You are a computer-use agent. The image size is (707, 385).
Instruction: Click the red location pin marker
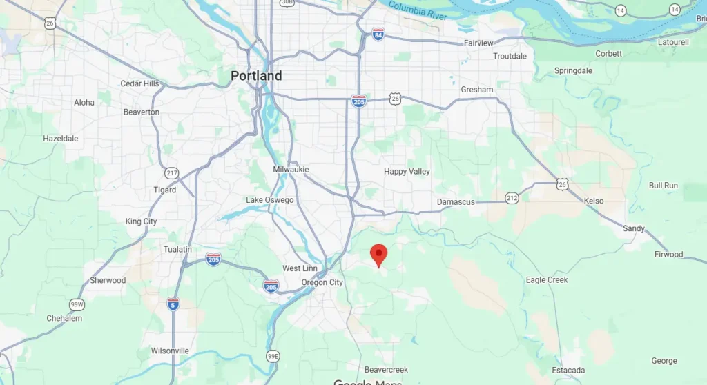point(378,254)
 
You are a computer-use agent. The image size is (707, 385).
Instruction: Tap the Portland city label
point(256,75)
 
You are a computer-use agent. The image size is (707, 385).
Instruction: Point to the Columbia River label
point(417,10)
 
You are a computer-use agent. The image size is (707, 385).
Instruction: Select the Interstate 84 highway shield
point(378,33)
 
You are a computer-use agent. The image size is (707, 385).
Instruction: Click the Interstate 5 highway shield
point(173,304)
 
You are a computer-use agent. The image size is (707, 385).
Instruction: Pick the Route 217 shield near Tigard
point(172,172)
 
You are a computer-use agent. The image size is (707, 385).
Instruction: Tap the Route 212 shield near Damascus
point(512,199)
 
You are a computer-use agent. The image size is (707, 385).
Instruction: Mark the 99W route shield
point(76,304)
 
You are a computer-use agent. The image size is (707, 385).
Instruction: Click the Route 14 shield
point(620,10)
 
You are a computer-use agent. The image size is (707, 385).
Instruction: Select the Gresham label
point(477,90)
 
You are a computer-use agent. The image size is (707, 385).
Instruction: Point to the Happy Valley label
point(407,171)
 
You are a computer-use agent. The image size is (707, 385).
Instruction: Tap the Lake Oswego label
point(270,200)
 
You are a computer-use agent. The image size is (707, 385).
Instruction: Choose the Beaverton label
point(141,112)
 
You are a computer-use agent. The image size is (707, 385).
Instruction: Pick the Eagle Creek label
point(547,280)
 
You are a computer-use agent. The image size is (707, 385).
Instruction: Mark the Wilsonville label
point(170,351)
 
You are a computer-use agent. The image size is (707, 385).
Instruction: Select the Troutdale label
point(510,56)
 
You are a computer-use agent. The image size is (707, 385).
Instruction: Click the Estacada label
point(569,371)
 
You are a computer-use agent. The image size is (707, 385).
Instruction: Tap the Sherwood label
point(108,280)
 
